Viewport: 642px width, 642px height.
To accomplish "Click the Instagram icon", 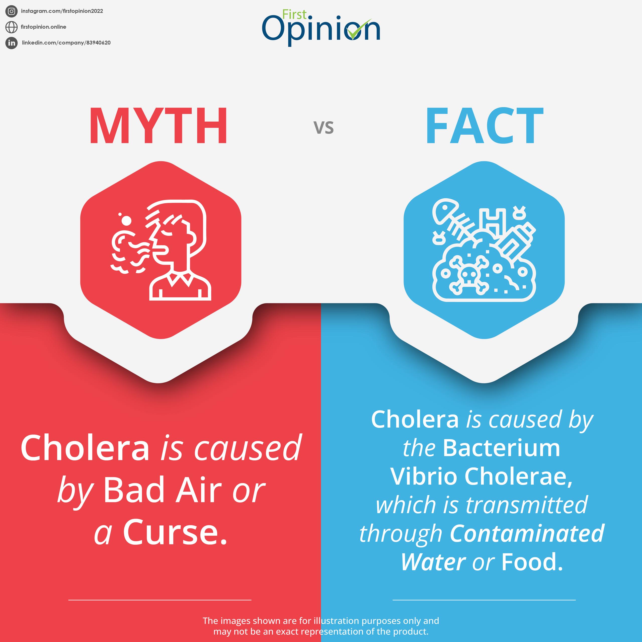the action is (11, 11).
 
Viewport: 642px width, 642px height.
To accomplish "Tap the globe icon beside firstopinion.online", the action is (11, 27).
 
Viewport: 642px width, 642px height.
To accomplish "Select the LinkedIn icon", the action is (11, 43).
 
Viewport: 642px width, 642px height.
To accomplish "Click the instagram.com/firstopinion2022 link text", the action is (62, 11).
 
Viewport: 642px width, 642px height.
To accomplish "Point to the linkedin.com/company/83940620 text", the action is (66, 43).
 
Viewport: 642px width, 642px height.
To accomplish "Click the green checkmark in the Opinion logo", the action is (359, 29).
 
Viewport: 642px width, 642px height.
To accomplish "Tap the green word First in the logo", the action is (294, 15).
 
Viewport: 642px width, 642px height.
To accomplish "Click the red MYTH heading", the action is (158, 126).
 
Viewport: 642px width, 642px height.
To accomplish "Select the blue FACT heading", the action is (485, 126).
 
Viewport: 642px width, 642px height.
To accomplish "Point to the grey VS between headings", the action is (324, 128).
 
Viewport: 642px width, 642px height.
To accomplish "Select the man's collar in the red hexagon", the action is (180, 279).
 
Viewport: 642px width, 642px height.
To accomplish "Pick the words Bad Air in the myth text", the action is (163, 490).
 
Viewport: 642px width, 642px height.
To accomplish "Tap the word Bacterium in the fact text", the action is (502, 448).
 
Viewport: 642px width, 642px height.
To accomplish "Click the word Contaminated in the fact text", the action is (527, 534).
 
